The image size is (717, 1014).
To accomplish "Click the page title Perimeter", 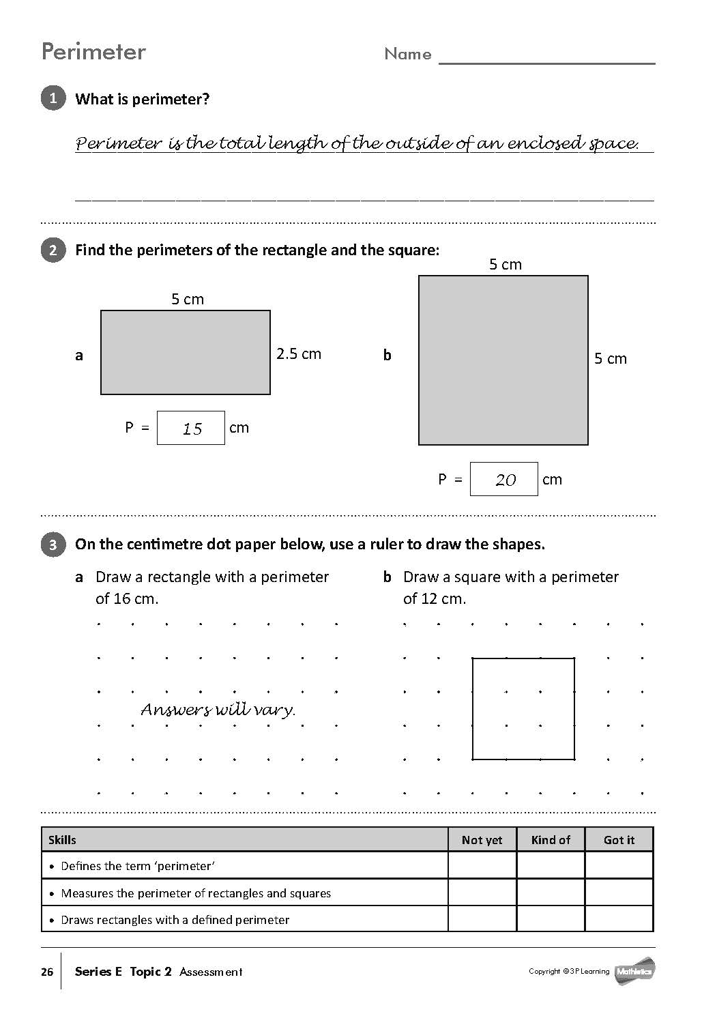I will click(93, 53).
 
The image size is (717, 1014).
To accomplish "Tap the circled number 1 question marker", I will click(53, 98).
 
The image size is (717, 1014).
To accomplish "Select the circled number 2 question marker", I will click(53, 250).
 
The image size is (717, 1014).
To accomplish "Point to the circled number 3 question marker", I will click(53, 545).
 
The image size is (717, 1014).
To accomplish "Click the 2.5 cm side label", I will click(299, 353).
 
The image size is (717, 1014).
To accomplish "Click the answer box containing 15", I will click(191, 428).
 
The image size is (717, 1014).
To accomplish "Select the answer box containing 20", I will click(504, 479).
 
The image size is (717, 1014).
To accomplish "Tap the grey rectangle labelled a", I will click(186, 352).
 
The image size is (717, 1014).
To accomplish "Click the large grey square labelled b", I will click(503, 360).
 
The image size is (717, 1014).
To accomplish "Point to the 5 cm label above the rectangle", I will click(188, 299).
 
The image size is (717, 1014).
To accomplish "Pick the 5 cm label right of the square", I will click(611, 359).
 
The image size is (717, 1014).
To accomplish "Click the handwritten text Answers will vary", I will click(218, 710).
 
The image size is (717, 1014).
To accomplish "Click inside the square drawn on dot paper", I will click(523, 708).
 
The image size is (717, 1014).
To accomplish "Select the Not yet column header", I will click(482, 840).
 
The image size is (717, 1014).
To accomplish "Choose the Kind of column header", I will click(551, 840).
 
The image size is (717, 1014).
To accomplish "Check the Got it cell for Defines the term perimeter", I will click(619, 865).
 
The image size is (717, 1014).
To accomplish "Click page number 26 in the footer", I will click(47, 972).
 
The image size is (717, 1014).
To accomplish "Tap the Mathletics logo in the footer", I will click(634, 971).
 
